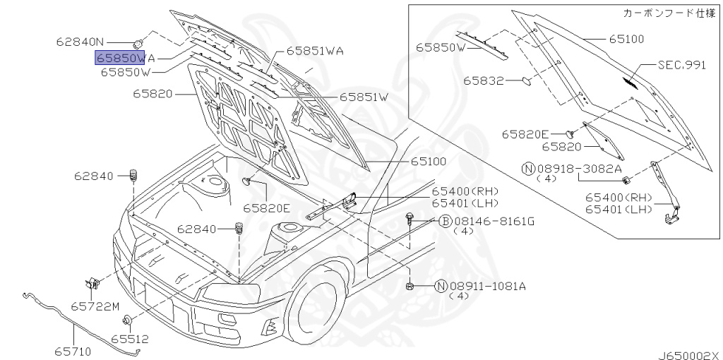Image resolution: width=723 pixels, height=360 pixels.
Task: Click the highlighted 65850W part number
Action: click(120, 58)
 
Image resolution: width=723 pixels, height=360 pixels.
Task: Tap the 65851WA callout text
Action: click(315, 51)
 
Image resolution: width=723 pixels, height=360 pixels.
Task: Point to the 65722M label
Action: click(95, 306)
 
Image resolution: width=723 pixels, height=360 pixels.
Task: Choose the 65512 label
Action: click(130, 340)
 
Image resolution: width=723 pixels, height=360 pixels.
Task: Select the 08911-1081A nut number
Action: click(488, 287)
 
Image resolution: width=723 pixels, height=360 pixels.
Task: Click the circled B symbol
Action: click(445, 222)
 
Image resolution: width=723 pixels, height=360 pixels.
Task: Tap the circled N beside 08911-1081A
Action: click(441, 287)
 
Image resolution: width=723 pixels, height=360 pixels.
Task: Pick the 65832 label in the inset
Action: click(483, 81)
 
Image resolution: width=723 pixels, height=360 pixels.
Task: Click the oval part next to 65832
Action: click(527, 81)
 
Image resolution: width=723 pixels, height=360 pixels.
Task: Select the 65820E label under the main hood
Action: click(267, 208)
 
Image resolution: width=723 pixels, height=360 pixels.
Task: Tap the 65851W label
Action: click(364, 97)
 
